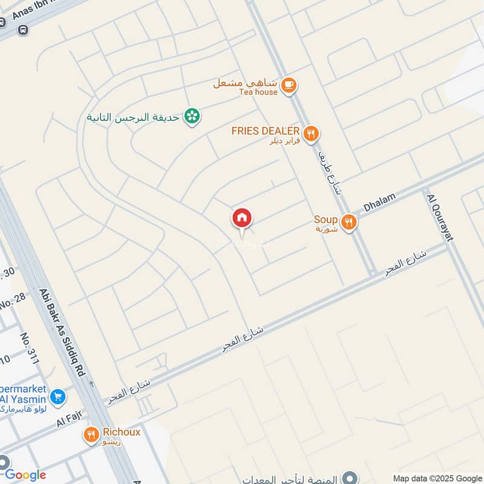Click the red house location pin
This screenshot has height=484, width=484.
click(242, 218)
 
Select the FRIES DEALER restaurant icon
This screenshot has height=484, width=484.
click(311, 133)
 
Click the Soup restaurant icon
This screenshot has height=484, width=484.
click(348, 222)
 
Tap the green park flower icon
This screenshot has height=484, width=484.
click(192, 116)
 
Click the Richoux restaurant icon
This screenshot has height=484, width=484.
click(91, 434)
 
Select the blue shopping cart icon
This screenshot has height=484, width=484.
click(58, 397)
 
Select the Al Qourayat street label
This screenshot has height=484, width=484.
click(440, 218)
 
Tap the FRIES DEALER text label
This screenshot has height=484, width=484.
click(266, 131)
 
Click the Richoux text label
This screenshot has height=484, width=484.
click(122, 432)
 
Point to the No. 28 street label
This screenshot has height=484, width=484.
click(13, 298)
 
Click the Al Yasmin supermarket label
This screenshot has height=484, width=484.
click(25, 399)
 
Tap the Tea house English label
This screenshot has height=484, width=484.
click(258, 92)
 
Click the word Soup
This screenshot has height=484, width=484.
click(325, 219)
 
